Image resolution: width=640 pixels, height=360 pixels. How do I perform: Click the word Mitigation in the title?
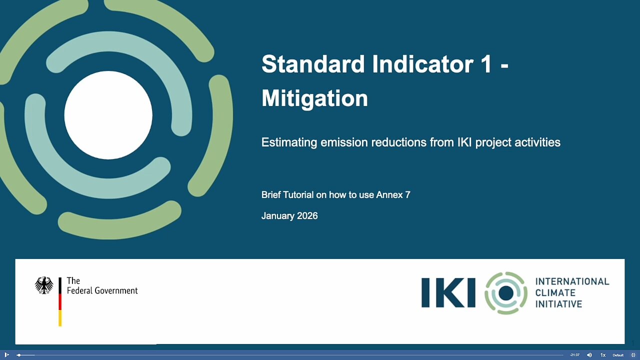click(x=314, y=98)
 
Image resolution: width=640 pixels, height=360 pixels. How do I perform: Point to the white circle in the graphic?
click(x=108, y=115)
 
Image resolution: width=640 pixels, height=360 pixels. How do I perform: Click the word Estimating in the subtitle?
click(x=289, y=142)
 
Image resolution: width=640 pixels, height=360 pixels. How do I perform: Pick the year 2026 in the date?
click(x=307, y=215)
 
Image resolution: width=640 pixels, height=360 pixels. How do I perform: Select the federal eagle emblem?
click(x=44, y=285)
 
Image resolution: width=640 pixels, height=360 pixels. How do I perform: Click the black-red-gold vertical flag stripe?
click(x=60, y=301)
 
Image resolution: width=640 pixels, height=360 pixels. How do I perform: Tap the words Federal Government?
click(x=102, y=291)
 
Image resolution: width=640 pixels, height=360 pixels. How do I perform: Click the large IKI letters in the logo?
click(x=448, y=293)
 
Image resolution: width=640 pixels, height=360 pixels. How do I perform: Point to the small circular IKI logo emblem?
click(x=506, y=293)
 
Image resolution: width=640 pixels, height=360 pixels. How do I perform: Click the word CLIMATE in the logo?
click(x=555, y=293)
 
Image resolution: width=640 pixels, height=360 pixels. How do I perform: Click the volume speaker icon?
click(x=589, y=355)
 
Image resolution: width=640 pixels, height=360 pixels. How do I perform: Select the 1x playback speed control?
click(x=603, y=355)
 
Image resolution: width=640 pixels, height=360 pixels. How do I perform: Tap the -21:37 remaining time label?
click(x=574, y=355)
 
